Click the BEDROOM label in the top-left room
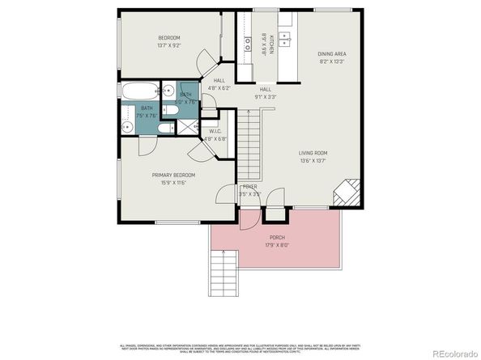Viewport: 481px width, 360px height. (168, 38)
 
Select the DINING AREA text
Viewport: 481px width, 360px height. (332, 53)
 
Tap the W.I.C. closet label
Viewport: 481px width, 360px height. (215, 131)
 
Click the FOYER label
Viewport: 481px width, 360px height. (249, 186)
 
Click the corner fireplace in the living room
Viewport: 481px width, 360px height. (346, 193)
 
